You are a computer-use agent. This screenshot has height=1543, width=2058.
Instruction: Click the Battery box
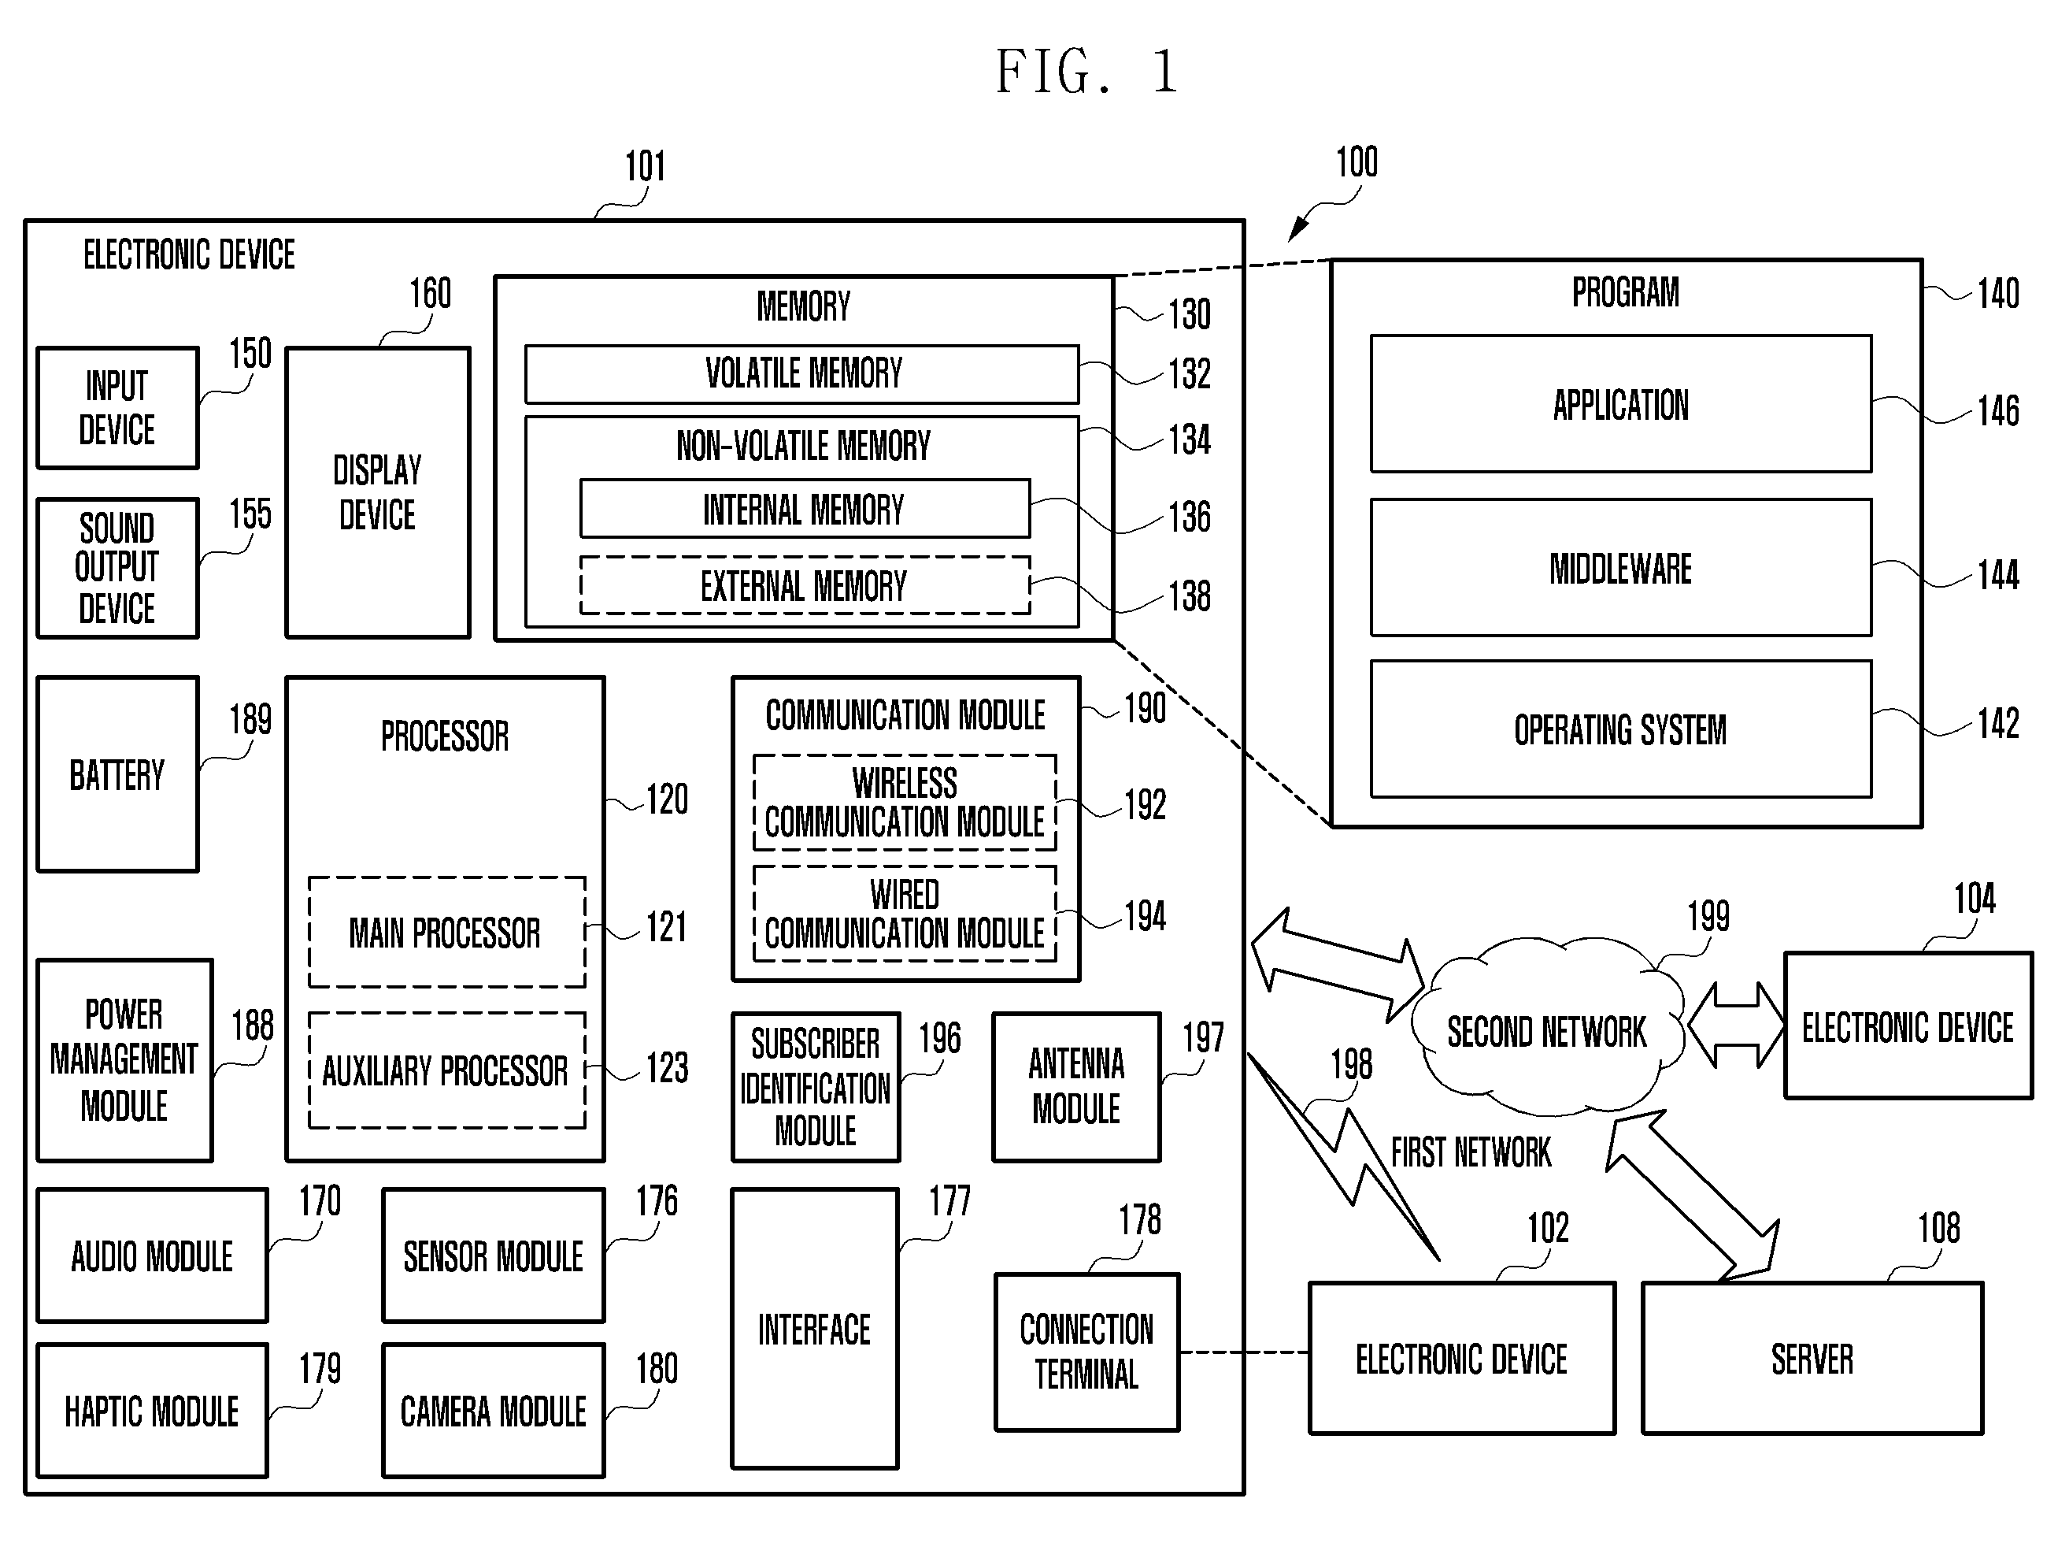point(117,774)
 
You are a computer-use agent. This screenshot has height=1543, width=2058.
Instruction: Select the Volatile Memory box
point(802,374)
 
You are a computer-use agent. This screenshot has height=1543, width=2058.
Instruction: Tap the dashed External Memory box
point(805,585)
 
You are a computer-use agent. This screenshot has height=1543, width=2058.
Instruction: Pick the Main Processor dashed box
point(446,932)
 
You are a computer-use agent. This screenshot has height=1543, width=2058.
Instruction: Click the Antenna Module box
point(1076,1087)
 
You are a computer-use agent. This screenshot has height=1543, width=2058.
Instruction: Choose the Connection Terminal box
point(1086,1352)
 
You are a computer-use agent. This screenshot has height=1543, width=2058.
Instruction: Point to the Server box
point(1812,1359)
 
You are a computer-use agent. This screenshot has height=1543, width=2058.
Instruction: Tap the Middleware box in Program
point(1621,568)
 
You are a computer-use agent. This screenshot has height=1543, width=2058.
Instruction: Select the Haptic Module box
point(152,1411)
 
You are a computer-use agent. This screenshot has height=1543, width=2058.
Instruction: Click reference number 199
point(1708,917)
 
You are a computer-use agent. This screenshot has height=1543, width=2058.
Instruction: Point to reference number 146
point(1997,410)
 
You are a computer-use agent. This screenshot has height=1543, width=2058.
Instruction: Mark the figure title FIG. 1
point(1086,72)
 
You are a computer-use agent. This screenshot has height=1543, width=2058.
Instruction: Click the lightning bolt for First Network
point(1345,1157)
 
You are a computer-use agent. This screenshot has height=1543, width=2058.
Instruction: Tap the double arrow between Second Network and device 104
point(1736,1026)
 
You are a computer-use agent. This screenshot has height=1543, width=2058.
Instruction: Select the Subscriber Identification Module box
point(816,1087)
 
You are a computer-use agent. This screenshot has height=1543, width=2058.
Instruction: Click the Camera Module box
point(493,1411)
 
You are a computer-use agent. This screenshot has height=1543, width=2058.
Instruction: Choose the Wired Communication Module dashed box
point(905,914)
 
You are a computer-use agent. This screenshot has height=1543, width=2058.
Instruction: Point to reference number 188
point(252,1026)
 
